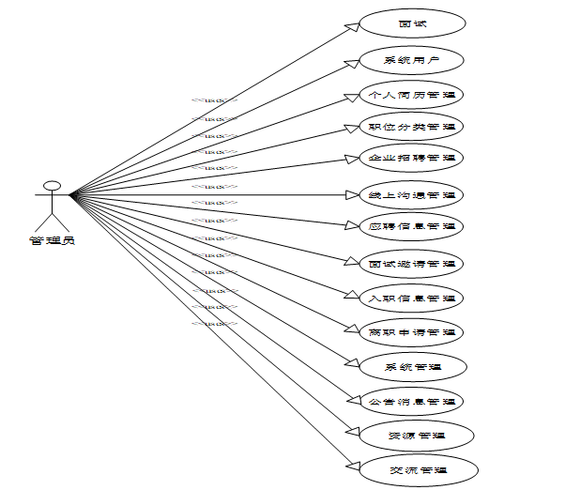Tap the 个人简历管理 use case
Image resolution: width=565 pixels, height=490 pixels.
tap(412, 95)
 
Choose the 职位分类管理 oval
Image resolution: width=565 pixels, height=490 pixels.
tap(412, 126)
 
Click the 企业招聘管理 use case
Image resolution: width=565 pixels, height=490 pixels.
tap(412, 158)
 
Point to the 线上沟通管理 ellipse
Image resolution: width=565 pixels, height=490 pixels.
tap(412, 195)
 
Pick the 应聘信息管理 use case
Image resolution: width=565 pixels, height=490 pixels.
tap(412, 226)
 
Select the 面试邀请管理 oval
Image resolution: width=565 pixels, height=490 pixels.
tap(412, 264)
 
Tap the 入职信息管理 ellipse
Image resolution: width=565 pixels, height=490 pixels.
tap(412, 299)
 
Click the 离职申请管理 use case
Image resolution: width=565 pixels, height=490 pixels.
tap(412, 331)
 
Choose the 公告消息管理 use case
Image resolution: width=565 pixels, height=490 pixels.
tap(412, 402)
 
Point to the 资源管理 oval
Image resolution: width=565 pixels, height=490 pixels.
tap(412, 436)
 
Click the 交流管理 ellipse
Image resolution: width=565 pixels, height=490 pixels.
tap(412, 469)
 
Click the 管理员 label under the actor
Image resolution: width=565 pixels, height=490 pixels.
tap(53, 239)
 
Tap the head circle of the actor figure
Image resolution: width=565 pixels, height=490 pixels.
tap(53, 185)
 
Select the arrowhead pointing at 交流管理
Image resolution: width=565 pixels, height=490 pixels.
tap(355, 465)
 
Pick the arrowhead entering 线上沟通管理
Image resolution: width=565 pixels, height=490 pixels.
tap(354, 195)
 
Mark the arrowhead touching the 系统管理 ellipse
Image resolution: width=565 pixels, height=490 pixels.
tap(355, 362)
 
